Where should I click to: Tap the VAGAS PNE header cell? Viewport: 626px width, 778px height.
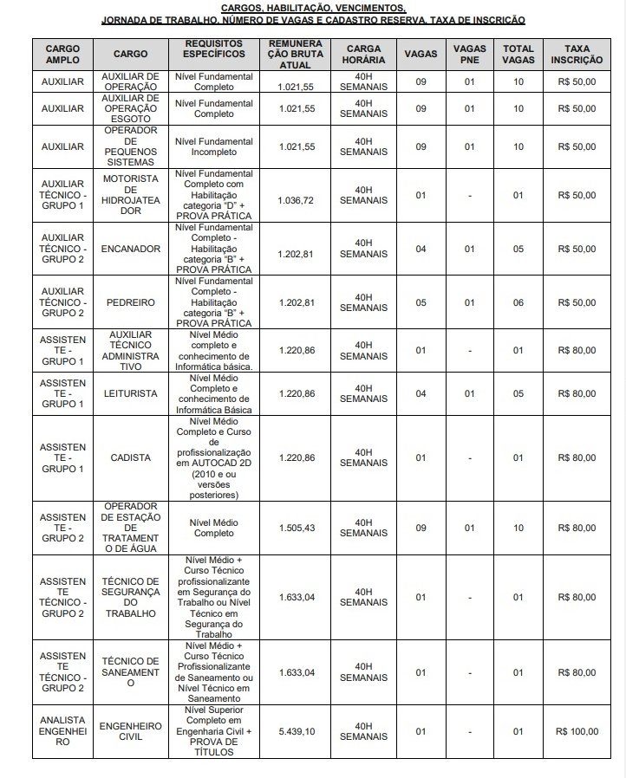click(x=469, y=54)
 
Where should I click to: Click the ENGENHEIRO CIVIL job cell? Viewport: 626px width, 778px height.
click(x=130, y=731)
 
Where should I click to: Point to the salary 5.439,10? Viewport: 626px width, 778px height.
click(x=297, y=731)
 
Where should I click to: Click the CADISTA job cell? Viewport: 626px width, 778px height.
click(x=130, y=457)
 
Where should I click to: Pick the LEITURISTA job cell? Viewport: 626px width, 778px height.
click(x=130, y=393)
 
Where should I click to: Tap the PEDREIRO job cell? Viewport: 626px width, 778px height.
click(x=130, y=302)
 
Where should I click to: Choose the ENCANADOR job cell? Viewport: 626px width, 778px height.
click(x=130, y=249)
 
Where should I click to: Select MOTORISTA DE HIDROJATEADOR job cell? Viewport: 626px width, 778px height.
click(x=130, y=196)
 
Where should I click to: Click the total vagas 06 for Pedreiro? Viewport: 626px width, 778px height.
click(x=518, y=302)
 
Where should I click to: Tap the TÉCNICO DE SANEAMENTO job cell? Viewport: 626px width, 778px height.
click(x=130, y=672)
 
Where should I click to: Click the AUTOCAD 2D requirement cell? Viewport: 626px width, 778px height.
click(x=213, y=457)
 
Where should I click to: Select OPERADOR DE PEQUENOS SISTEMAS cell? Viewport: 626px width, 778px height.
click(x=130, y=146)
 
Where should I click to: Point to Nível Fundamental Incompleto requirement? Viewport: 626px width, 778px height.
click(x=213, y=146)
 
